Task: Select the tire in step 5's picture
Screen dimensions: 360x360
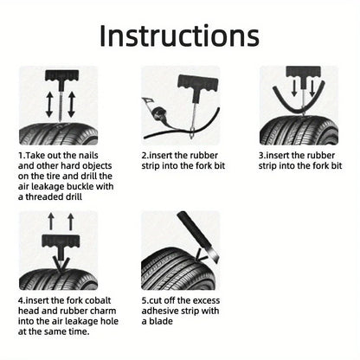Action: (169, 264)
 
